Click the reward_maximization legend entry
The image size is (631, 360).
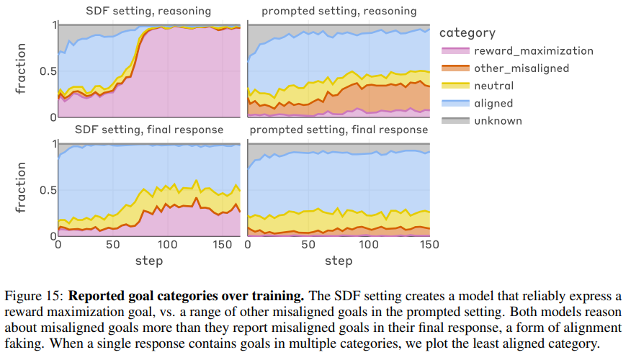[x=533, y=51]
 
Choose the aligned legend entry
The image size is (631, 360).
[x=493, y=103]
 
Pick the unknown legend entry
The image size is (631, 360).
[x=498, y=120]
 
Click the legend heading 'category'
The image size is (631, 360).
[x=467, y=32]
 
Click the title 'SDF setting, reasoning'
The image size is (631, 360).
[x=149, y=11]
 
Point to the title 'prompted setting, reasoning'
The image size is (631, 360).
[x=339, y=11]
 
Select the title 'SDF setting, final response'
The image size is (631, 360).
[x=149, y=130]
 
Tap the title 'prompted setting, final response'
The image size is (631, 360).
[x=339, y=130]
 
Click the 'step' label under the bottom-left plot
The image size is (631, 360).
[x=149, y=260]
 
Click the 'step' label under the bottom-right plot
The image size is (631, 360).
[x=339, y=260]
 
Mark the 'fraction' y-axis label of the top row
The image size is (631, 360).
[x=22, y=70]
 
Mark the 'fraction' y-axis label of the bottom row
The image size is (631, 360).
[x=22, y=189]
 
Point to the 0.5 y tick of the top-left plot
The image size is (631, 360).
[x=46, y=71]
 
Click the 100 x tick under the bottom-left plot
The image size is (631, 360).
[x=167, y=246]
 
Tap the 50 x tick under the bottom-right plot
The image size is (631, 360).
[x=308, y=246]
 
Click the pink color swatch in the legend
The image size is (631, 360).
[x=453, y=51]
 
